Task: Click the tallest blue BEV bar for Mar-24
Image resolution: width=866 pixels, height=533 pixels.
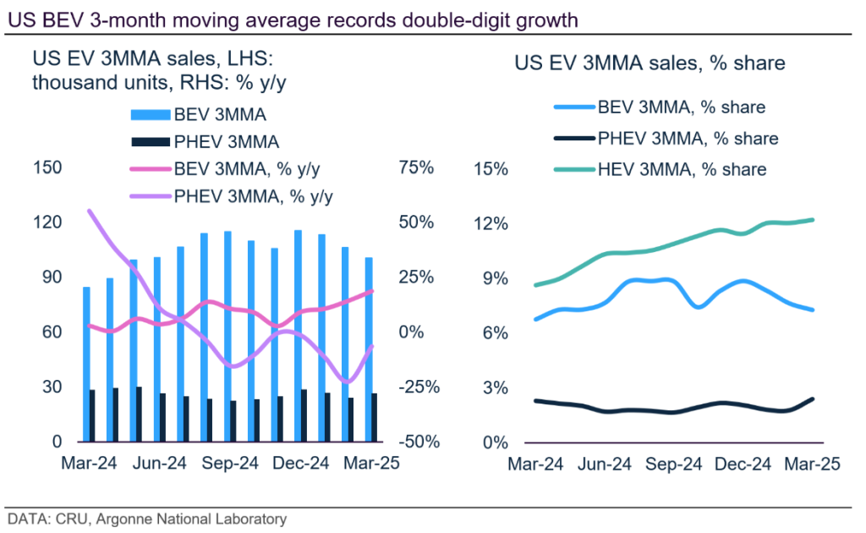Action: pyautogui.click(x=86, y=364)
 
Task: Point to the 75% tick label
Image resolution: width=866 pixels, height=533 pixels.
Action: pyautogui.click(x=416, y=168)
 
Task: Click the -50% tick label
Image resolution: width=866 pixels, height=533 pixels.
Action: pyautogui.click(x=416, y=442)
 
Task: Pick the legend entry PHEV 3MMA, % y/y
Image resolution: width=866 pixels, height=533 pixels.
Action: pyautogui.click(x=253, y=196)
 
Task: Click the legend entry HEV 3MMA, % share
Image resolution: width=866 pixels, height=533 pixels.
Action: pyautogui.click(x=682, y=169)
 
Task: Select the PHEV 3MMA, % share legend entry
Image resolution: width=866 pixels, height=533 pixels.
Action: pyautogui.click(x=688, y=139)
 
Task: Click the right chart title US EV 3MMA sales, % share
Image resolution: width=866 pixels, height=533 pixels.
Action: pyautogui.click(x=649, y=63)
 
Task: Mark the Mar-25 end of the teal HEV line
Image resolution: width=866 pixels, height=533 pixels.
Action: pyautogui.click(x=813, y=220)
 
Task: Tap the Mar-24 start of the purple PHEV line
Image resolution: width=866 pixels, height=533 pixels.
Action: pyautogui.click(x=89, y=211)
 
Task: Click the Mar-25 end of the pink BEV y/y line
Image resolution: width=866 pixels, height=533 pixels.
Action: pyautogui.click(x=373, y=292)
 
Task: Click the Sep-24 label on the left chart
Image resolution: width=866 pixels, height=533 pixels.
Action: pyautogui.click(x=229, y=464)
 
